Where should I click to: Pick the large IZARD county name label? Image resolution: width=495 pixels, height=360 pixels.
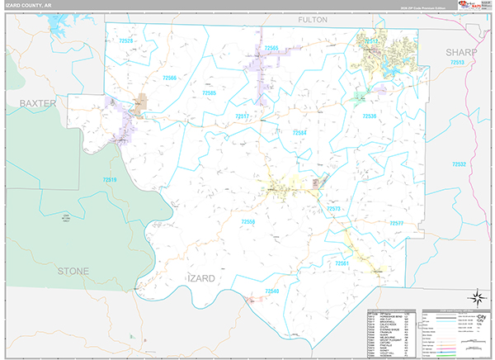coord(206,278)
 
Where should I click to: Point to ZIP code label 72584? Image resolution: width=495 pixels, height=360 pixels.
coord(299,132)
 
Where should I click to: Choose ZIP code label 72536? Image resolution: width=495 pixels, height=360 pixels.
coord(369,116)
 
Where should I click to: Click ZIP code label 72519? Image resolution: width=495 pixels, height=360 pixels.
coord(111,179)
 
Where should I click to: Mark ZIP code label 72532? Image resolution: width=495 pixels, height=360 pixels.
coord(460,165)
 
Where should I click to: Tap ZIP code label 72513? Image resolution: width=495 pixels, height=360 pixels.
coord(457,63)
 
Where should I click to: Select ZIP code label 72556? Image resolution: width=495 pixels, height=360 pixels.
coord(248,221)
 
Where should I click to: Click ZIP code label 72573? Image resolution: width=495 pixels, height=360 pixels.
coord(334,209)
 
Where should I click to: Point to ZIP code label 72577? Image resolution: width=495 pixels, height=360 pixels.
coord(397,224)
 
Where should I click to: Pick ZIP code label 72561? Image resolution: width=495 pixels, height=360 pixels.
coord(342,263)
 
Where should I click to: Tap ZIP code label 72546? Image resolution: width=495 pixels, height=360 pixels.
coord(273,291)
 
